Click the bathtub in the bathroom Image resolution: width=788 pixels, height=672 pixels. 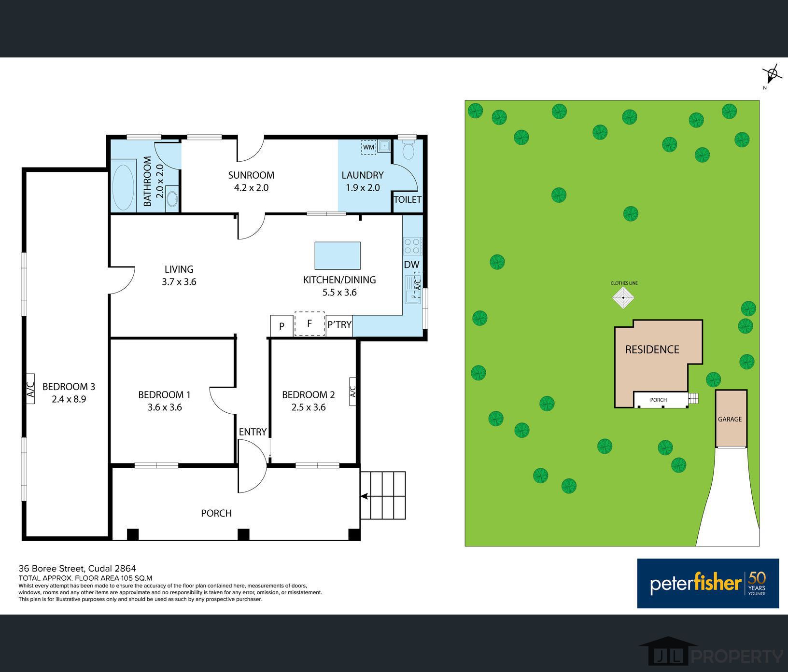pyautogui.click(x=124, y=188)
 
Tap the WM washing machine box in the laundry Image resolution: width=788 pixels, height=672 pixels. pyautogui.click(x=369, y=147)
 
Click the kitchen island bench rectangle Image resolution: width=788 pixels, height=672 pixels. pyautogui.click(x=338, y=255)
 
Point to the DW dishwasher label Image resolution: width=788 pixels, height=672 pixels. pyautogui.click(x=411, y=265)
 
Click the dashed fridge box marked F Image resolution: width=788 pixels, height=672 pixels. pyautogui.click(x=310, y=323)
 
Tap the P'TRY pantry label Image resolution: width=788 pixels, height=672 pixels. pyautogui.click(x=339, y=325)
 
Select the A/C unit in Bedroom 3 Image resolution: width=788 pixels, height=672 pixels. pyautogui.click(x=30, y=388)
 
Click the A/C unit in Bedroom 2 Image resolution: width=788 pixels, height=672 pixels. pyautogui.click(x=352, y=391)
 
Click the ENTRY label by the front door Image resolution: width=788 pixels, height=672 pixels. pyautogui.click(x=253, y=432)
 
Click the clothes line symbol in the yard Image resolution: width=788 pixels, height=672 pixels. pyautogui.click(x=623, y=297)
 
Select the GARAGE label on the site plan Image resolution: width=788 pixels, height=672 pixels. pyautogui.click(x=730, y=419)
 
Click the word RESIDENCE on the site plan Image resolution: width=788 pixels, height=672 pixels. pyautogui.click(x=652, y=350)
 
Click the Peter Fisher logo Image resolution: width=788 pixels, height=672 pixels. pyautogui.click(x=708, y=583)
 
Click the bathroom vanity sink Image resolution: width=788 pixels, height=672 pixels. pyautogui.click(x=172, y=198)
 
